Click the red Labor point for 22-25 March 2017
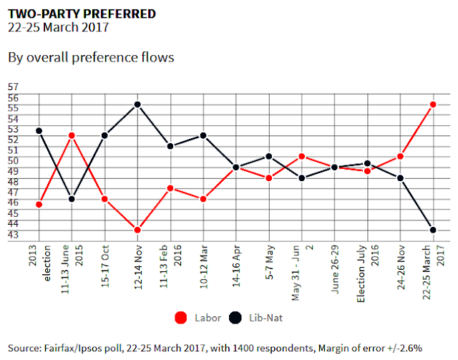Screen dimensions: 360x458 (x=433, y=104)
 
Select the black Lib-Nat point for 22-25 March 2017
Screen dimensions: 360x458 (x=433, y=230)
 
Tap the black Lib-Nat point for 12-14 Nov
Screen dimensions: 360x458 (x=137, y=104)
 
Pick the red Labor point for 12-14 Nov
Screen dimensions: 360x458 (x=137, y=230)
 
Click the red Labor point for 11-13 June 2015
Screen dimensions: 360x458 (x=72, y=135)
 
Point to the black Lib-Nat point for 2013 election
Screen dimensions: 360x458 (x=39, y=131)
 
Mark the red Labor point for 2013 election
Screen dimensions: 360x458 (x=39, y=204)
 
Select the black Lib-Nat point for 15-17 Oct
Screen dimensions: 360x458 (x=104, y=135)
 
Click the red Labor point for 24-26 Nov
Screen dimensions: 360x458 (x=400, y=156)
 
